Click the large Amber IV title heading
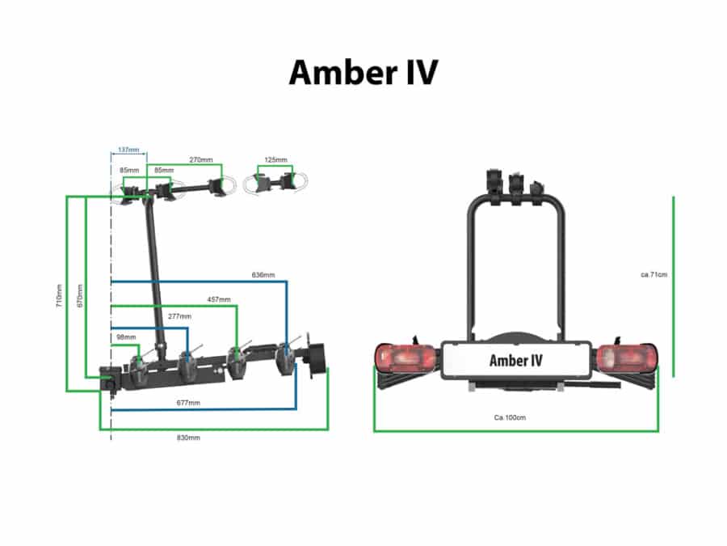[x=363, y=72]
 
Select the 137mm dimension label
[x=128, y=150]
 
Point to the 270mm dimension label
[x=200, y=160]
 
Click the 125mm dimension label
[x=276, y=160]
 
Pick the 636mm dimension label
[x=263, y=276]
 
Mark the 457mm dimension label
[x=219, y=300]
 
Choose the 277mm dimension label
[x=179, y=316]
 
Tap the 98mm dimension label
[x=125, y=336]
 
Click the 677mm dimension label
[x=189, y=402]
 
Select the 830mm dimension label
[x=188, y=438]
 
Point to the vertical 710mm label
[x=59, y=294]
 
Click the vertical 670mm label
[x=78, y=294]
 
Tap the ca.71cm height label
[x=653, y=275]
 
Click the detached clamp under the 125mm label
[x=275, y=182]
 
